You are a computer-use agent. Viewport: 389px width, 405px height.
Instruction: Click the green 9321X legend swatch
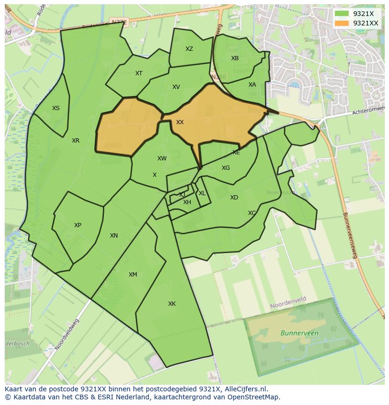point(342,14)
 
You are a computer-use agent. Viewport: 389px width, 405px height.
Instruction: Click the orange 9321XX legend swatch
point(342,23)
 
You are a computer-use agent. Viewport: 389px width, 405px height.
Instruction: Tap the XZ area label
point(189,49)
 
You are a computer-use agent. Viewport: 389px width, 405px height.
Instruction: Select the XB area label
point(235,58)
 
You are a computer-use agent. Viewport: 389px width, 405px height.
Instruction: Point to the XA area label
point(252,85)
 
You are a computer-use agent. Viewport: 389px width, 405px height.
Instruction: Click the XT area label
point(139,73)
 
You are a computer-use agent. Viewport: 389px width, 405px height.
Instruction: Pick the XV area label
point(176,87)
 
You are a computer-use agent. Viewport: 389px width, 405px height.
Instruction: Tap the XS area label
point(56,108)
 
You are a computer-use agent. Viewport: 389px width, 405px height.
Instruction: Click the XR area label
point(76,141)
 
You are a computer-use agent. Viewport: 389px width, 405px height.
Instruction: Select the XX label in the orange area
point(180,122)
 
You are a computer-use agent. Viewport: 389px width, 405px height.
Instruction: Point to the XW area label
point(162,159)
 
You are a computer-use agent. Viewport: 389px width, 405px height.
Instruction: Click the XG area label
point(226,168)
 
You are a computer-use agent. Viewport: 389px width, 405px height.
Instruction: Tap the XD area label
point(234,198)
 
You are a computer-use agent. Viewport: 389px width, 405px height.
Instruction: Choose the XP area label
point(78,225)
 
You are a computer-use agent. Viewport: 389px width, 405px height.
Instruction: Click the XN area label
point(114,236)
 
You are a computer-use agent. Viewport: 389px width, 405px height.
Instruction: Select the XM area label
point(133,275)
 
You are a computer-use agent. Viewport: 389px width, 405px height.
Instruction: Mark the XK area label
point(172,304)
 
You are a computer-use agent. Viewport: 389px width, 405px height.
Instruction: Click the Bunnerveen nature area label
point(299,333)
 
